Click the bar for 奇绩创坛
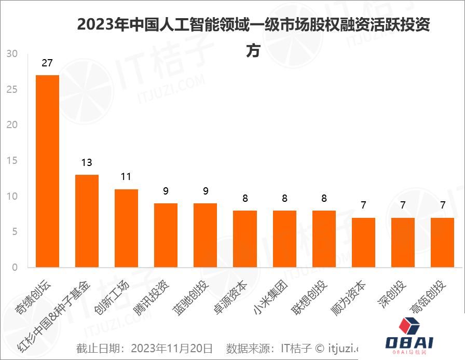coord(47,171)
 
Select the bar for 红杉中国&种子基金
coord(87,221)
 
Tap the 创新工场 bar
coord(126,228)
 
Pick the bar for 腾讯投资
coord(166,236)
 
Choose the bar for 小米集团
coord(284,239)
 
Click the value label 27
coord(47,63)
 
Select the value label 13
coord(87,162)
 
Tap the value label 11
coord(126,177)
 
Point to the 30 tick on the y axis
coord(12,54)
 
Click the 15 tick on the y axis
coord(12,161)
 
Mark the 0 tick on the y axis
coord(15,268)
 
